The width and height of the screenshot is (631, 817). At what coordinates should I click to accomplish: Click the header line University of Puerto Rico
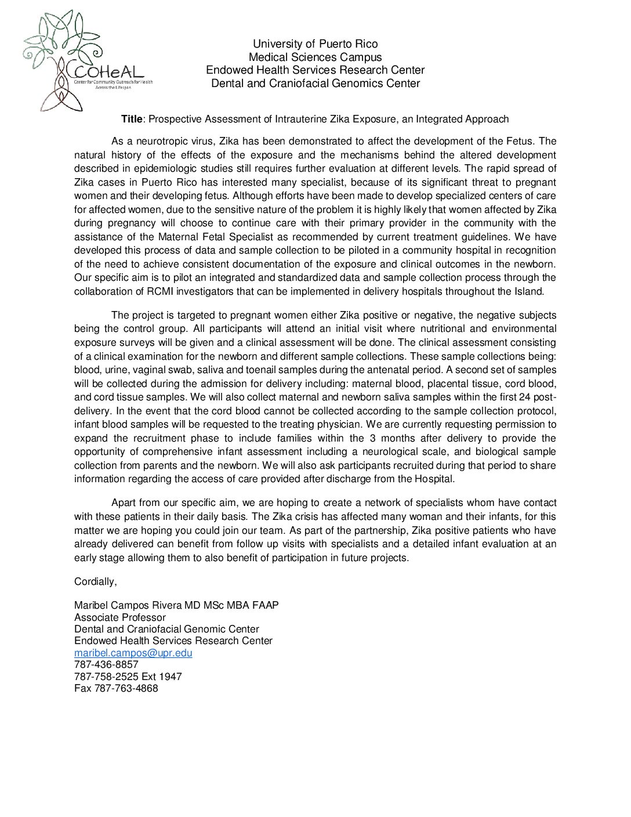point(315,44)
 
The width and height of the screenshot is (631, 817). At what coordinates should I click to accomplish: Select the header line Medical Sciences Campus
point(315,57)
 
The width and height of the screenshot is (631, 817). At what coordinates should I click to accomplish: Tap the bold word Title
point(132,119)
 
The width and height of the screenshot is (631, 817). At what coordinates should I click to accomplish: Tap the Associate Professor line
point(120,617)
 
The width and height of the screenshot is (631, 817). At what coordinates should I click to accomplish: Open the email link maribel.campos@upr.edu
point(133,653)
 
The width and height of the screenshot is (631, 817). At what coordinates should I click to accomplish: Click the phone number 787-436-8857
point(107,664)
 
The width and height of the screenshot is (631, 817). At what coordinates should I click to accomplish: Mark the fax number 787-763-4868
point(126,688)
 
